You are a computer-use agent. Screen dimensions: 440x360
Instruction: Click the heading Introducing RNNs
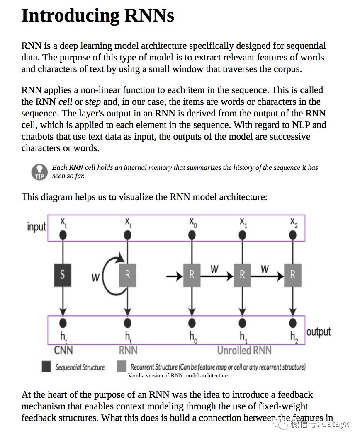pyautogui.click(x=97, y=15)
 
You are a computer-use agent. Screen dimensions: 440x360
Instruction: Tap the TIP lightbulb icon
pyautogui.click(x=39, y=172)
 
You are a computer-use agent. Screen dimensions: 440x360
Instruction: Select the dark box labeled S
pyautogui.click(x=63, y=274)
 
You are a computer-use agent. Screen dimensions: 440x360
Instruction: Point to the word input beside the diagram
pyautogui.click(x=36, y=227)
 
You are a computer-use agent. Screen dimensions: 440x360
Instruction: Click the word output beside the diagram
pyautogui.click(x=319, y=332)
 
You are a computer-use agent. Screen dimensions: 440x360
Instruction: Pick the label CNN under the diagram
pyautogui.click(x=63, y=350)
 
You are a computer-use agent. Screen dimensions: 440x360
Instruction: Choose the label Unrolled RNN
pyautogui.click(x=244, y=350)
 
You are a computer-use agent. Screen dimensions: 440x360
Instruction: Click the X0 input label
pyautogui.click(x=193, y=222)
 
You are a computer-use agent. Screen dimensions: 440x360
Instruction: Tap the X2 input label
pyautogui.click(x=294, y=222)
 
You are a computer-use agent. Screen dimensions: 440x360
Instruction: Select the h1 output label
pyautogui.click(x=243, y=336)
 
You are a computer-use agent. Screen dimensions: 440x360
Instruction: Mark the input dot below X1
pyautogui.click(x=243, y=235)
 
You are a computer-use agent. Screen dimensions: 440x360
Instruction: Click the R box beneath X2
pyautogui.click(x=293, y=274)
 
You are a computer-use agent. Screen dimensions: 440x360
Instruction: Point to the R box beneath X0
pyautogui.click(x=192, y=274)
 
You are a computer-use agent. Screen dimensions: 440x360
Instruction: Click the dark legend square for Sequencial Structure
pyautogui.click(x=46, y=367)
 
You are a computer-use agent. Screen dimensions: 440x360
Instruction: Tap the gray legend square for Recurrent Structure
pyautogui.click(x=122, y=367)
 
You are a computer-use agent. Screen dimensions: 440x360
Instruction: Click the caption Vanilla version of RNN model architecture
pyautogui.click(x=178, y=376)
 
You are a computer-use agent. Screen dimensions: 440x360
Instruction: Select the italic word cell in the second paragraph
pyautogui.click(x=66, y=102)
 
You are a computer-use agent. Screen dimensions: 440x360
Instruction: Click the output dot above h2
pyautogui.click(x=293, y=323)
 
